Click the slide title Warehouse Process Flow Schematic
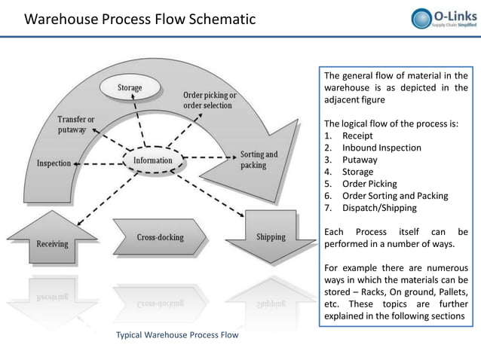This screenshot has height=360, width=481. point(140,19)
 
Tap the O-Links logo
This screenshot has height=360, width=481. point(443,18)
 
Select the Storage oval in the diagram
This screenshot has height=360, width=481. point(129,88)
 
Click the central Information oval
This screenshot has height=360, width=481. point(152,160)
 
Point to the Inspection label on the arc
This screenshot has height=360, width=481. point(54,163)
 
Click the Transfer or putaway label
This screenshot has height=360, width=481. point(76,124)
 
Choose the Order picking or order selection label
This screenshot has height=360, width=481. point(210,100)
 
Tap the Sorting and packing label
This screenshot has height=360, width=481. point(258,160)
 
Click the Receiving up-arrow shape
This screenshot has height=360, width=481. point(52,240)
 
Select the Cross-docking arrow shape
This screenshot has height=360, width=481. point(160,237)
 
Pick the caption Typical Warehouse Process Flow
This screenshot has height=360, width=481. point(176,334)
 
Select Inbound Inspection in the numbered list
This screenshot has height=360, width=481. point(381,148)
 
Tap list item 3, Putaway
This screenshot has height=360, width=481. point(360,160)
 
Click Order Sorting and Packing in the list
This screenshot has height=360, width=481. point(394,196)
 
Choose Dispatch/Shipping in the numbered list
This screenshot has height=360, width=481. point(378,208)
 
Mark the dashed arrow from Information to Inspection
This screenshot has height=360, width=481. point(98,163)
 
